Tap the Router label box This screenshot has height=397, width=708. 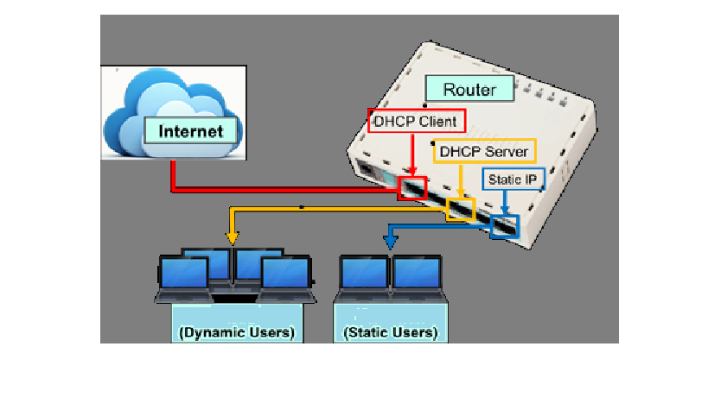469,90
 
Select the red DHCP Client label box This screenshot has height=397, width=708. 418,121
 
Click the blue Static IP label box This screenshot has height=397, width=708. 513,180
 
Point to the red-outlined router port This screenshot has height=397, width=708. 412,187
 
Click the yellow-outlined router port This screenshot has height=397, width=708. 460,208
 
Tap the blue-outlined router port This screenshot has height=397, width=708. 503,226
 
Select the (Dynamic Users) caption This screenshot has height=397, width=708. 237,332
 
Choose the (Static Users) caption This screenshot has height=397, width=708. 391,332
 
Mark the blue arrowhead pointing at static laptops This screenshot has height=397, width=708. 391,243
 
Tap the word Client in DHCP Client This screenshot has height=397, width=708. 440,121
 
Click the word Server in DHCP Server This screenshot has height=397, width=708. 507,152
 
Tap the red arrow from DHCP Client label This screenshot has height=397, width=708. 412,155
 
